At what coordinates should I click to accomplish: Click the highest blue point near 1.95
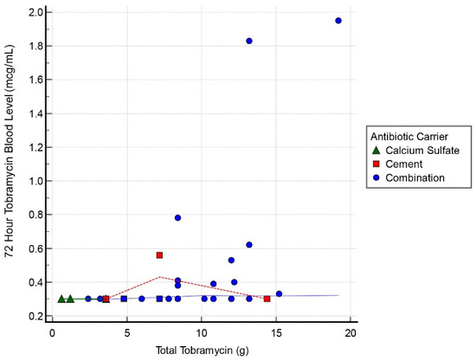[338, 21]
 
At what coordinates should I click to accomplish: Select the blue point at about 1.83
[249, 41]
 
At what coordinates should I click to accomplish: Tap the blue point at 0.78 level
[177, 218]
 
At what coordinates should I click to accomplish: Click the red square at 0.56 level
[159, 255]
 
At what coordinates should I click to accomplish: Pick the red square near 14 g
[267, 299]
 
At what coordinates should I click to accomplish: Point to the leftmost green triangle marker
[61, 299]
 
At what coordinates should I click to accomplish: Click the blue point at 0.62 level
[249, 245]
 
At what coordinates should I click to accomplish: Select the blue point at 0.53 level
[231, 260]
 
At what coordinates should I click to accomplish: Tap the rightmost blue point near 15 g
[279, 293]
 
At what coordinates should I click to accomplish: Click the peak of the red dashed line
[160, 277]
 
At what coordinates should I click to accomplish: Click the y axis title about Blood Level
[10, 164]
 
